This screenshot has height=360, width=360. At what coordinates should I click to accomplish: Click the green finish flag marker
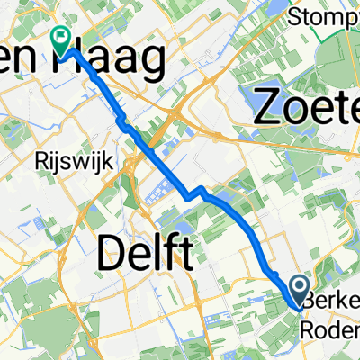[x=62, y=37]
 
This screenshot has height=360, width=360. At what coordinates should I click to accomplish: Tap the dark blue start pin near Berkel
[x=300, y=290]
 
